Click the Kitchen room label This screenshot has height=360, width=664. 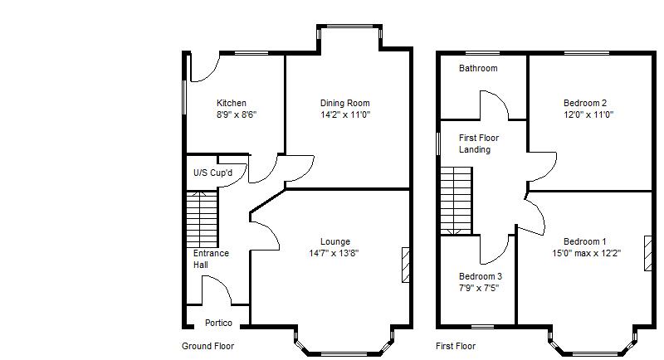231,104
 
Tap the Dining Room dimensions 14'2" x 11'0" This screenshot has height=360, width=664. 345,114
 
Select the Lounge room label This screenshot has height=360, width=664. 334,242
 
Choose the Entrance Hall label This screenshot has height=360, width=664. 211,259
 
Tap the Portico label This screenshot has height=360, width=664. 218,323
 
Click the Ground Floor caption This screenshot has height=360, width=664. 207,346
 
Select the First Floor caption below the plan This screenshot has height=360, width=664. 456,346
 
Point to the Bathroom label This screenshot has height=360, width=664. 478,69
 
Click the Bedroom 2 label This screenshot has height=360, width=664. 586,104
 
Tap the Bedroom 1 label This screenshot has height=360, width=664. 586,242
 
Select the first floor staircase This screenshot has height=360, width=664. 456,199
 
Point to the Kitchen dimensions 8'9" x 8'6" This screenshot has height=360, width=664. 237,114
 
